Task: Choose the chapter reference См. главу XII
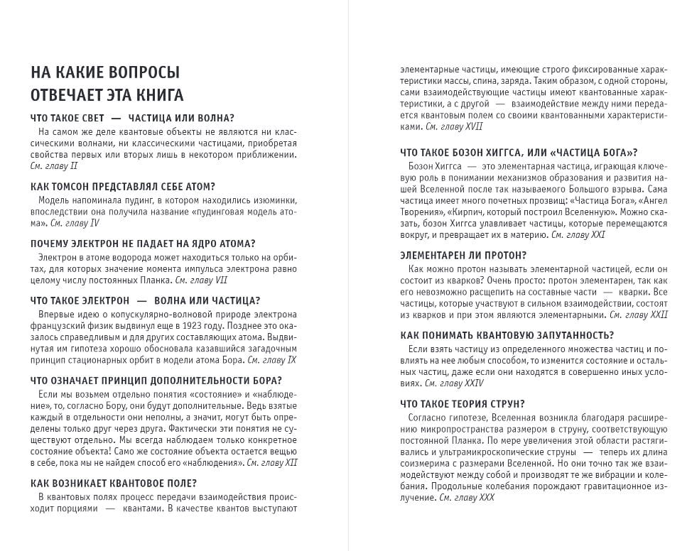[x=271, y=463]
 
